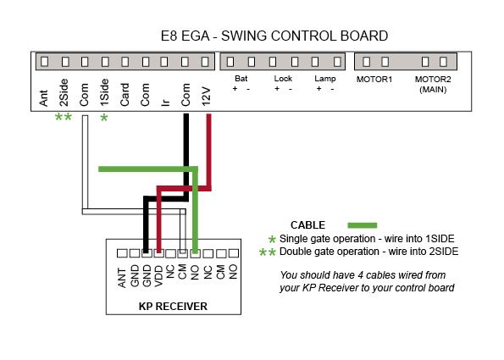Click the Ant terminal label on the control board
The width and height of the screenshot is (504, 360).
point(44,98)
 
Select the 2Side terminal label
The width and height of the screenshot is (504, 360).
point(64,92)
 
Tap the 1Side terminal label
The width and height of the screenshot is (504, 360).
point(104,92)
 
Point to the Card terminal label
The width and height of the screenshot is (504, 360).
point(125,95)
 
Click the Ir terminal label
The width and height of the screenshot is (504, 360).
point(165,102)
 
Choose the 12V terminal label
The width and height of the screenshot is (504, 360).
point(206,96)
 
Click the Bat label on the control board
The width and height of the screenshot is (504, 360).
point(241,79)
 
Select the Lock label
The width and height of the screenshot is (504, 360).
point(283,79)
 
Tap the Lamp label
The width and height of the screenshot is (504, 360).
point(325,79)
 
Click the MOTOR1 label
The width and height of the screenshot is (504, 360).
point(374,80)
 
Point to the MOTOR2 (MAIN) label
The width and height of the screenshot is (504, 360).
point(433,84)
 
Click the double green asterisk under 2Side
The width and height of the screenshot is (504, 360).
point(64,117)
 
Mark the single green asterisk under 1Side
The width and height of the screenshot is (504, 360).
point(104,118)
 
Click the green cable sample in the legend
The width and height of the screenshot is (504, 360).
point(363,225)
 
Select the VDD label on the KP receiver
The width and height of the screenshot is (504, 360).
point(158,276)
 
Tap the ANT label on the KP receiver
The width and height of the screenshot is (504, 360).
point(122,278)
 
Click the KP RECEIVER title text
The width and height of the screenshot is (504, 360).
point(173,307)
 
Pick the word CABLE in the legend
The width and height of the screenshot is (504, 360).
point(307,225)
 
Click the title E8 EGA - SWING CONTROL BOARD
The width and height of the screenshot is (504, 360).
point(274,36)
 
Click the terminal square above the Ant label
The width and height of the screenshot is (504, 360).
point(45,61)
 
